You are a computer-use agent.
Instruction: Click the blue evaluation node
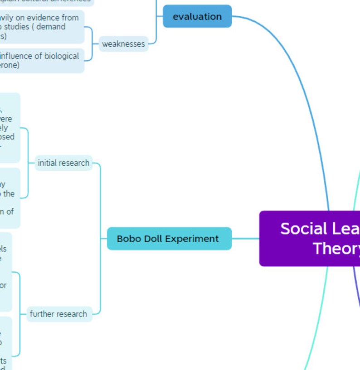pos(197,16)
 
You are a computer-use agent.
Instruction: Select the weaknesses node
pos(123,44)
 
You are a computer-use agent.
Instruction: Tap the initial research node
pos(63,163)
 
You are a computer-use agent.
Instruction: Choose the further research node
pos(58,314)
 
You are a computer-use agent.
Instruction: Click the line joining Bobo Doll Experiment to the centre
pos(245,239)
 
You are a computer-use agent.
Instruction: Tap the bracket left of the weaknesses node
pos(92,44)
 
